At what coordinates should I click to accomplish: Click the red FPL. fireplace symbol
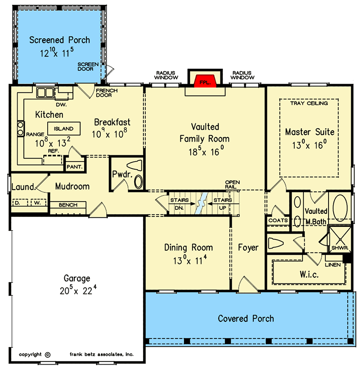(205, 81)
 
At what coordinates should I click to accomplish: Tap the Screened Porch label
(59, 40)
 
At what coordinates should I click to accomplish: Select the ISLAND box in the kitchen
(63, 129)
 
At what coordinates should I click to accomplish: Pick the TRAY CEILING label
(309, 103)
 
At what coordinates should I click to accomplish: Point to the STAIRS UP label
(222, 203)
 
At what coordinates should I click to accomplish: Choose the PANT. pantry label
(74, 167)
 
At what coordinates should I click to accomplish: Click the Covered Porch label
(246, 319)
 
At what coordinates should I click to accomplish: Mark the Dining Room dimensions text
(188, 260)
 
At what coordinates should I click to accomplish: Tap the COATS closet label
(276, 221)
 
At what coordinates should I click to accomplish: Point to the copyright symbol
(48, 354)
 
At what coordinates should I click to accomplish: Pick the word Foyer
(248, 248)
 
